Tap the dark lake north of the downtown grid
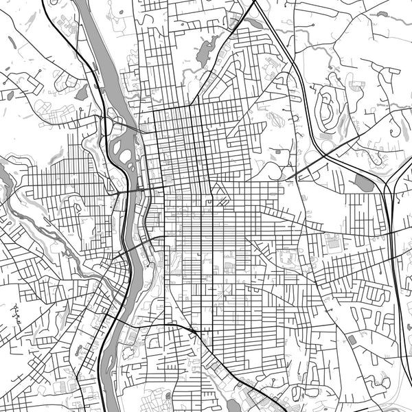point(204,52)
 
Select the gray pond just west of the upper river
point(81,92)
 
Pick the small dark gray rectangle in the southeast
point(352,339)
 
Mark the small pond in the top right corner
point(382,13)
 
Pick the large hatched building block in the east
point(333,242)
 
